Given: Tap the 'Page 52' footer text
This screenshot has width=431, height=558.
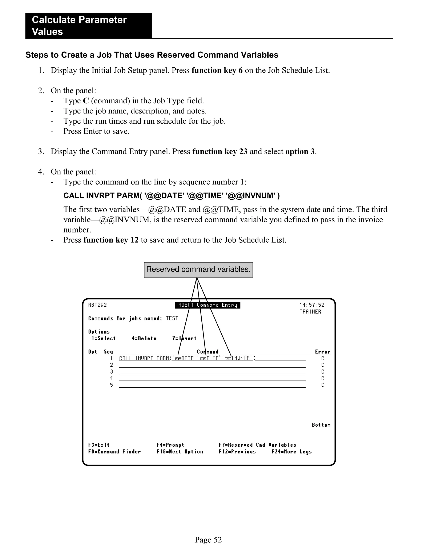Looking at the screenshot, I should [x=208, y=540].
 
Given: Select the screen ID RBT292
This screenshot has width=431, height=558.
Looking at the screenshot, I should [x=97, y=305].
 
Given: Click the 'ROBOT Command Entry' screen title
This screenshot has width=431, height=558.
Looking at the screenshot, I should [x=208, y=305].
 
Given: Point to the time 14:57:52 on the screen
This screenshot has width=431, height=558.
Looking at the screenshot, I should [x=312, y=305].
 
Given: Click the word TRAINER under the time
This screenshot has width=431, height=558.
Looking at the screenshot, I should [x=310, y=312].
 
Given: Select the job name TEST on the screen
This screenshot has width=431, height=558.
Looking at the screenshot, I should [x=172, y=318].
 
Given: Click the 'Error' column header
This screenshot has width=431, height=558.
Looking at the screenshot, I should [x=322, y=352].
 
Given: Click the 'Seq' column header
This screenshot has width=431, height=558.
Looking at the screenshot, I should [x=108, y=352].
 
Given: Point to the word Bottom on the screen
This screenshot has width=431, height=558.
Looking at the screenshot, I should [x=321, y=425].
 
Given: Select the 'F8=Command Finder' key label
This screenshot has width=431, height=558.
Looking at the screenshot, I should [x=114, y=452].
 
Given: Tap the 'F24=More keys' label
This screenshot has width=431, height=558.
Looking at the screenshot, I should [x=291, y=452].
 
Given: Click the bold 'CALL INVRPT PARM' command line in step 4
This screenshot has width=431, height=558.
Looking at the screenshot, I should [x=171, y=196].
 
